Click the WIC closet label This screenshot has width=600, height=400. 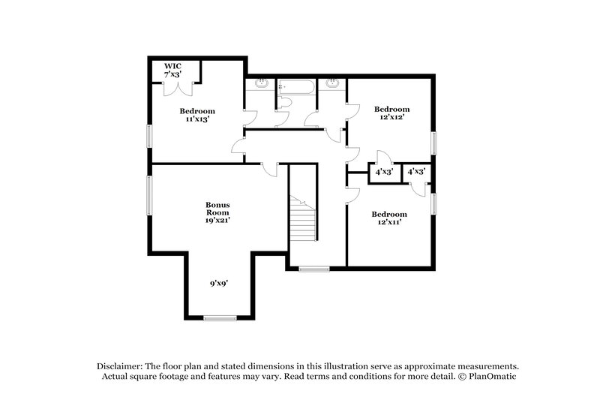[172, 66]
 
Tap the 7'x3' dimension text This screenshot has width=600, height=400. [173, 74]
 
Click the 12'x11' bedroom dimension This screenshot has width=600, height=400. [389, 221]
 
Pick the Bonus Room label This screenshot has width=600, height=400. [217, 209]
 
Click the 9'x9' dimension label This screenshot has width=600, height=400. [218, 283]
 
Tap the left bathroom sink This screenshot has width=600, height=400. [261, 83]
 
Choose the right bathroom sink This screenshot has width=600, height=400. [332, 83]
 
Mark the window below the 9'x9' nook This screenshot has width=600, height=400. [220, 318]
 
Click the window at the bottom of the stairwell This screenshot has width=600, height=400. [313, 269]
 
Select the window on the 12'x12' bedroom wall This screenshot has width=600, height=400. [433, 143]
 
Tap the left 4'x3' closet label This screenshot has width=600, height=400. [383, 172]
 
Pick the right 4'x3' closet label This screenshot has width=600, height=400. [416, 172]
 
